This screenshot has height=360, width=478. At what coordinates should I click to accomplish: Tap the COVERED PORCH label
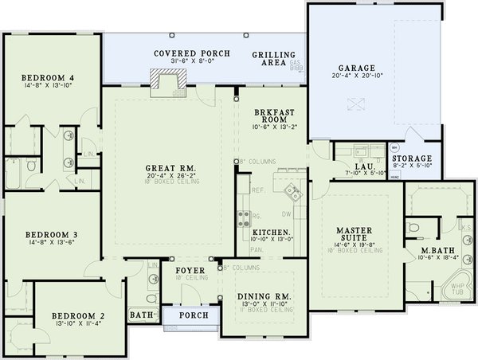[192, 53]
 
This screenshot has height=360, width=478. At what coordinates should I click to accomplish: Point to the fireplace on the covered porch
[169, 78]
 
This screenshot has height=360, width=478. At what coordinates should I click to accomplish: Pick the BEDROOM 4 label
[49, 77]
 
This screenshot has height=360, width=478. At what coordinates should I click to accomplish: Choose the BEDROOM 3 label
[50, 234]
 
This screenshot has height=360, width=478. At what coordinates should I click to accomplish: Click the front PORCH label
[194, 315]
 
